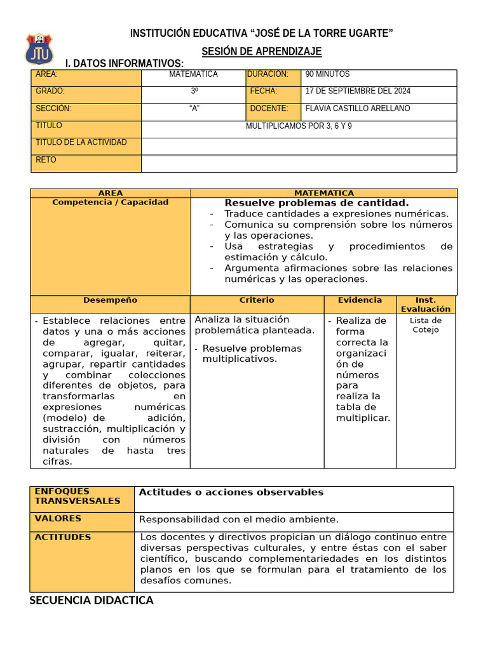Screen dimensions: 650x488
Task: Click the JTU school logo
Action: (x=39, y=50)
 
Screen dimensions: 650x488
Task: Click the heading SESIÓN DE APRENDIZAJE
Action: (x=262, y=51)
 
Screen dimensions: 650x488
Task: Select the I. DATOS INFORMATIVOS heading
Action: (x=125, y=63)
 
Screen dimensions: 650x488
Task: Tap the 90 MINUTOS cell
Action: (x=327, y=74)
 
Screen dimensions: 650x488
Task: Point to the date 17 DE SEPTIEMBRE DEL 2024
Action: (x=358, y=91)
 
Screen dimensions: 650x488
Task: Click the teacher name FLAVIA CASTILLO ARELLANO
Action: (x=358, y=109)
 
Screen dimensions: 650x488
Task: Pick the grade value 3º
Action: (x=194, y=91)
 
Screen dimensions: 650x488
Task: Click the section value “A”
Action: (x=194, y=109)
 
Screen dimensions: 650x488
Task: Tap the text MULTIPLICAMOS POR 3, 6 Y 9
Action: (x=299, y=126)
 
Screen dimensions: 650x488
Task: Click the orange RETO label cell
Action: (x=86, y=163)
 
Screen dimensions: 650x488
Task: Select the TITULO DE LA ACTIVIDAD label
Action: (x=81, y=143)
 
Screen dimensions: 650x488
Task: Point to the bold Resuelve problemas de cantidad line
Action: (x=316, y=203)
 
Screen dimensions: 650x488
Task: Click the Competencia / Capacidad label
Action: (x=111, y=202)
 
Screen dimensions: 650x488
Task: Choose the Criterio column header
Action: (x=257, y=300)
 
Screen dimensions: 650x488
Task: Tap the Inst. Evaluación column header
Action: (x=425, y=305)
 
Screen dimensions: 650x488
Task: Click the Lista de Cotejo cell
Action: (x=425, y=325)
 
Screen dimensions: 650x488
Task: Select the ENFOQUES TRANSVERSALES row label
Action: (x=77, y=496)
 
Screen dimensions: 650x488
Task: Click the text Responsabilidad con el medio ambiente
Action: (x=239, y=520)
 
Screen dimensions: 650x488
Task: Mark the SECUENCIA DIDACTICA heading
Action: (x=91, y=600)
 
